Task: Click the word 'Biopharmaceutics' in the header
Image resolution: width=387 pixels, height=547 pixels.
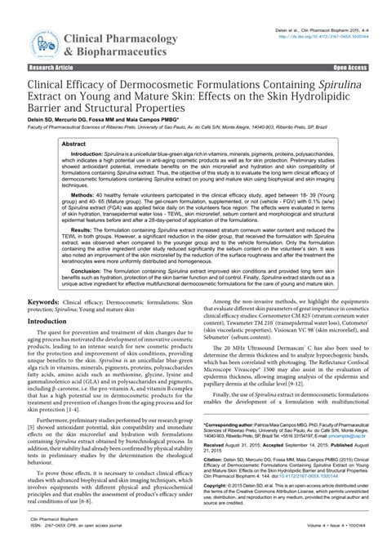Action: [x=119, y=50]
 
